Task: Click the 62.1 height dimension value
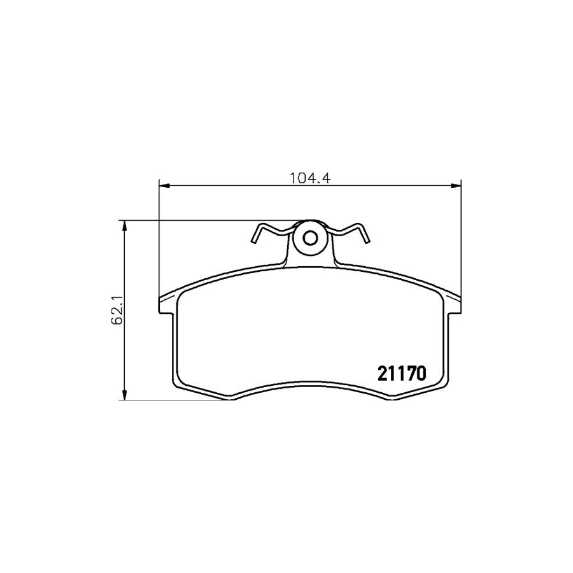[x=117, y=310]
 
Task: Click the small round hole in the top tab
[x=309, y=238]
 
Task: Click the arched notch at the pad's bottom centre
[x=309, y=384]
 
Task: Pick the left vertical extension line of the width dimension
[x=157, y=242]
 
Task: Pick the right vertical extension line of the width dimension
[x=460, y=242]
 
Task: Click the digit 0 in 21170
[x=419, y=372]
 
